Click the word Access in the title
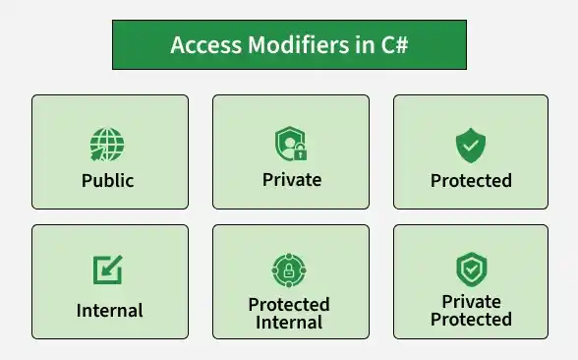pos(206,45)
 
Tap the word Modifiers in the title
pos(298,45)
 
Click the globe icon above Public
pos(107,145)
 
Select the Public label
pos(108,181)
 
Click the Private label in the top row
pos(292,180)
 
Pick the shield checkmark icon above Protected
pos(471,146)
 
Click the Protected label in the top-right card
pos(471,181)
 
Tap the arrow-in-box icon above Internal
pos(107,270)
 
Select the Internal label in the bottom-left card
pos(109,311)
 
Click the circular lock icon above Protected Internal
pos(289,270)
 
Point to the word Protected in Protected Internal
pos(289,305)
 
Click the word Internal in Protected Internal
pos(289,322)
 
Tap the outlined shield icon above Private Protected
pos(472,270)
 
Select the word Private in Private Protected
pos(472,302)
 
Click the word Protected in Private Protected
pos(471,319)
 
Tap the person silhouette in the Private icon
pos(290,147)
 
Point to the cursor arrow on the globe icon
pos(96,154)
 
